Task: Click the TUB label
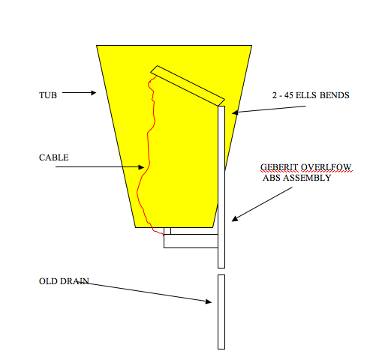click(x=48, y=95)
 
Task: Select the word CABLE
click(x=54, y=157)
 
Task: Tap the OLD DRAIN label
click(x=64, y=281)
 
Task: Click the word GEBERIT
click(x=279, y=167)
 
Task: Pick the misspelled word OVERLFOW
click(x=326, y=167)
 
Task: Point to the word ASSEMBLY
click(x=308, y=178)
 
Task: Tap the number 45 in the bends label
click(x=289, y=95)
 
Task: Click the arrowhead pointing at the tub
click(x=94, y=93)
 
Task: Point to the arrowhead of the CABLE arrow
click(x=142, y=167)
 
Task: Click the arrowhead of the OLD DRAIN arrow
click(x=209, y=301)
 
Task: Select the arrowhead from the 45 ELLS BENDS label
click(x=235, y=112)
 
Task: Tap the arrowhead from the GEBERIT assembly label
click(x=234, y=219)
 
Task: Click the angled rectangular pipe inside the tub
click(x=188, y=85)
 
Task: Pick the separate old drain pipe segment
click(x=221, y=312)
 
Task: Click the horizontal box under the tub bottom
click(x=191, y=241)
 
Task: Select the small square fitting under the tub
click(x=167, y=231)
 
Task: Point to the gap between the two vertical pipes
click(x=221, y=271)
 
